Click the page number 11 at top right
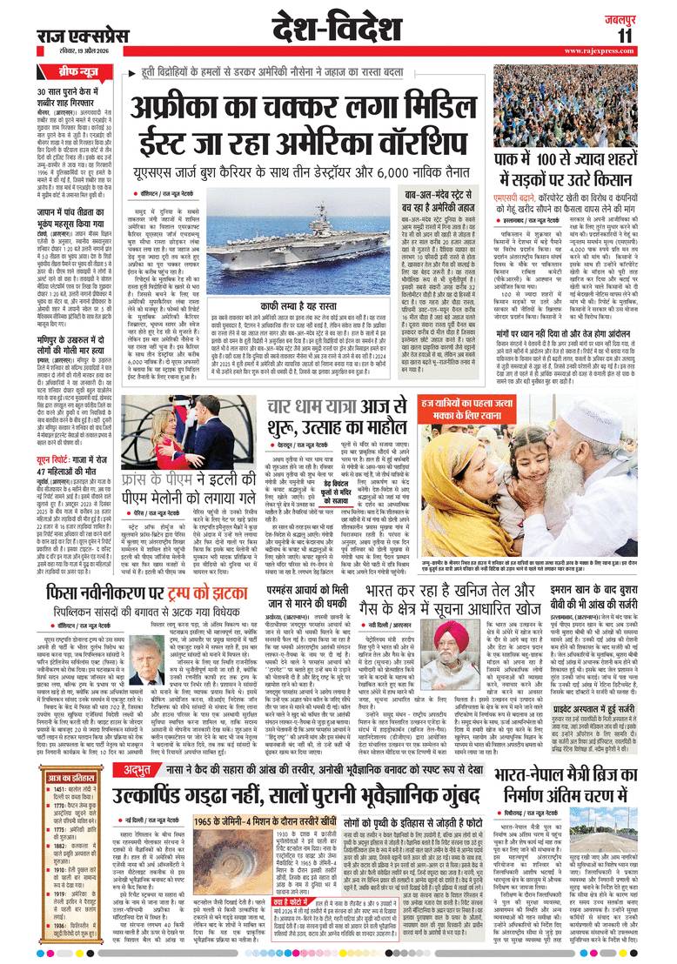point(648,35)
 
